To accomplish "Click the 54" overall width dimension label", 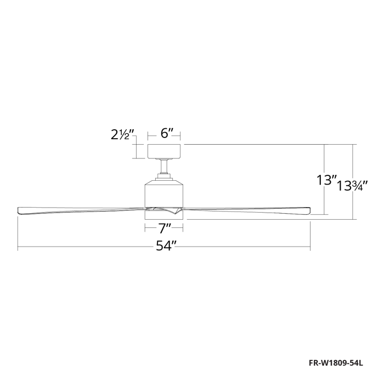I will click(x=164, y=247).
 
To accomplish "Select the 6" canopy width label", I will click(x=167, y=133).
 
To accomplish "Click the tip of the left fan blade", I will click(x=20, y=208).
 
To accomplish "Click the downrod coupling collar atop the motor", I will click(x=164, y=176).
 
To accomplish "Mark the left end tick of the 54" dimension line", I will click(x=18, y=247).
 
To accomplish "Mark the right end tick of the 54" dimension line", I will click(x=310, y=247).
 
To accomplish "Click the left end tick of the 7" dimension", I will click(x=145, y=226).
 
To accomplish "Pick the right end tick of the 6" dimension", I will click(x=182, y=133).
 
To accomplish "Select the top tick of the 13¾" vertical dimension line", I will click(x=355, y=145).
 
